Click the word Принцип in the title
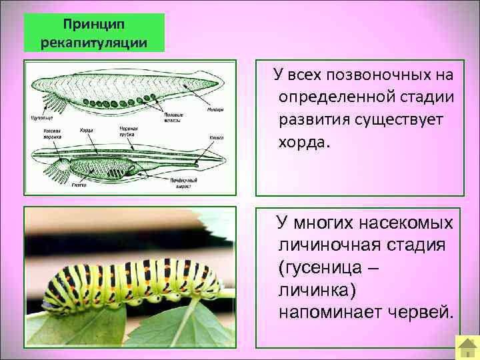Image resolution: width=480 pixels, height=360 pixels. point(94,24)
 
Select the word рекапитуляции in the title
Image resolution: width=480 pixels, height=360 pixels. point(94,42)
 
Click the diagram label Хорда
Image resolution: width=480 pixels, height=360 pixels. point(86,130)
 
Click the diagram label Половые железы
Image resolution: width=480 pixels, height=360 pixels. point(174,117)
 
